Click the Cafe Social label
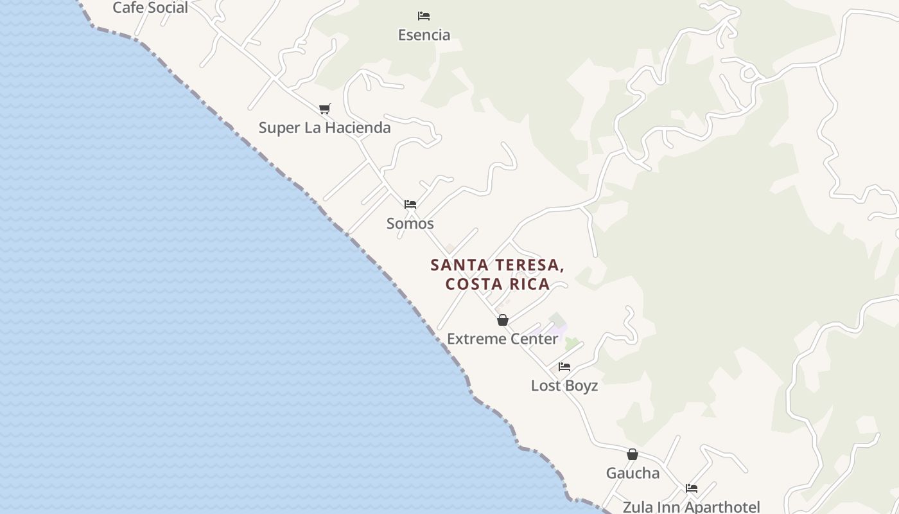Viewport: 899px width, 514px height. click(x=150, y=8)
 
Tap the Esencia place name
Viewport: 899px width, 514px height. click(x=424, y=35)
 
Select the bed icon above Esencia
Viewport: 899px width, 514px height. click(x=424, y=15)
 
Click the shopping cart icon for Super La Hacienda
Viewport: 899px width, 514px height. click(x=325, y=109)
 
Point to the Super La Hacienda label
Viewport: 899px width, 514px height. click(x=324, y=128)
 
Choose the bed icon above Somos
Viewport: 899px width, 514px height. click(x=410, y=204)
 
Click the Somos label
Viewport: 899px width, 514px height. click(x=410, y=224)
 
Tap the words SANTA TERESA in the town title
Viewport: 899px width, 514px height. click(x=497, y=265)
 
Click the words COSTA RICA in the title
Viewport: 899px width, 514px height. click(x=498, y=284)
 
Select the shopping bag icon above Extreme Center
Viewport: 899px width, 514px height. click(x=503, y=320)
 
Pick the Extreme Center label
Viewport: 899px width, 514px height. click(x=502, y=339)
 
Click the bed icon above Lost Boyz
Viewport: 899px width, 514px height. click(x=564, y=366)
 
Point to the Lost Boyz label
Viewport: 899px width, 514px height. click(x=564, y=385)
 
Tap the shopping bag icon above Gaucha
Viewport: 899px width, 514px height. click(x=633, y=454)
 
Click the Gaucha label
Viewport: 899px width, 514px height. click(x=633, y=474)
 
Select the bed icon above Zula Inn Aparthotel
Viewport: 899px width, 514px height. click(x=692, y=488)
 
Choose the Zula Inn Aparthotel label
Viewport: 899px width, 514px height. click(x=692, y=507)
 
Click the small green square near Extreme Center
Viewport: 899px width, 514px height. click(x=572, y=344)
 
